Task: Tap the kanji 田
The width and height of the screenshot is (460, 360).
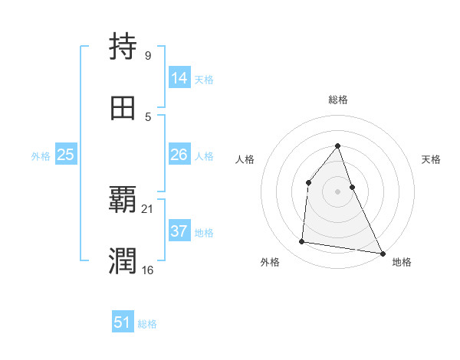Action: pyautogui.click(x=123, y=109)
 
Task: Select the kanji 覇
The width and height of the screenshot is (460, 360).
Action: pyautogui.click(x=123, y=201)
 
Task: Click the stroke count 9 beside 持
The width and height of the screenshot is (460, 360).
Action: pyautogui.click(x=147, y=55)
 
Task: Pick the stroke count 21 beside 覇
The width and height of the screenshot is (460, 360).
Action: pyautogui.click(x=148, y=208)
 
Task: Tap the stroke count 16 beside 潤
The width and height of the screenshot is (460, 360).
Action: pyautogui.click(x=148, y=270)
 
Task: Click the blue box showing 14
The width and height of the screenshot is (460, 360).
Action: pyautogui.click(x=179, y=78)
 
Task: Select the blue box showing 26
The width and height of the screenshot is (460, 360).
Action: pyautogui.click(x=179, y=155)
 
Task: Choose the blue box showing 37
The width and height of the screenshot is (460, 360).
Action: pyautogui.click(x=179, y=231)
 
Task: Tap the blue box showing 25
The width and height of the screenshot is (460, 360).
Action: pyautogui.click(x=66, y=155)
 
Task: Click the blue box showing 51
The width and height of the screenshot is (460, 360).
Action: pyautogui.click(x=123, y=323)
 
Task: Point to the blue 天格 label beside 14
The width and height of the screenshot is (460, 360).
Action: pyautogui.click(x=204, y=80)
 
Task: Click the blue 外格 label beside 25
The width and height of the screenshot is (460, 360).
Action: pyautogui.click(x=41, y=156)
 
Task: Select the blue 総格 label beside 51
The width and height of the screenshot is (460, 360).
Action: pyautogui.click(x=147, y=325)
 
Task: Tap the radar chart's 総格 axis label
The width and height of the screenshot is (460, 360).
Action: pyautogui.click(x=338, y=100)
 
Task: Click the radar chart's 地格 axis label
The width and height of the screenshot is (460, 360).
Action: pyautogui.click(x=402, y=262)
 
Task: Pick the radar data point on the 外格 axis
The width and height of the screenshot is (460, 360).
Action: pyautogui.click(x=302, y=242)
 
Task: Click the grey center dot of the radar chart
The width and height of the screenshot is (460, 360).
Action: pyautogui.click(x=337, y=191)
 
